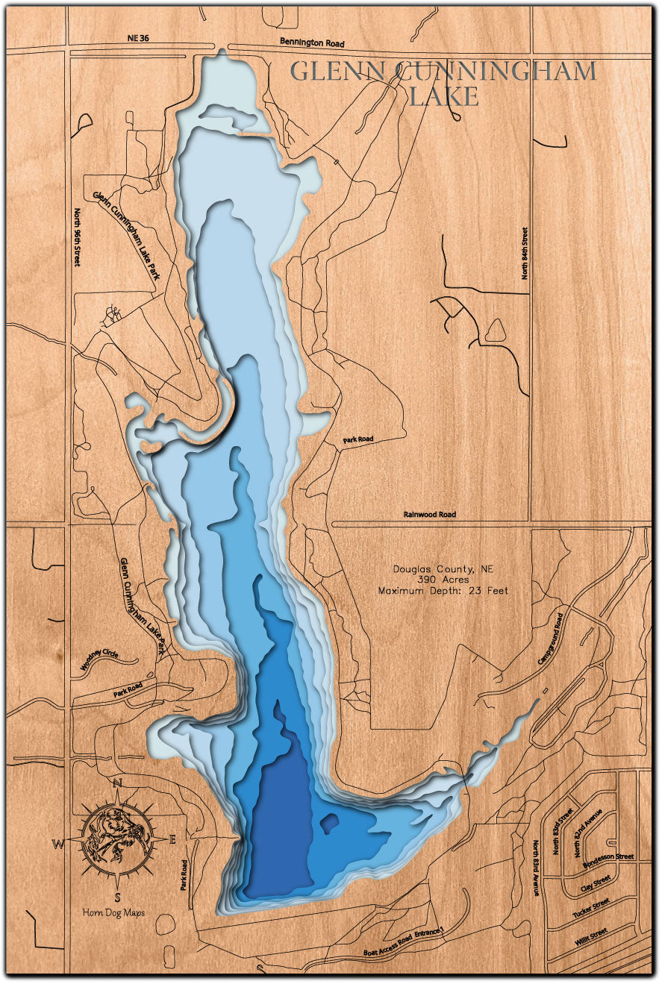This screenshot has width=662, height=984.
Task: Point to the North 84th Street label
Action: [525, 254]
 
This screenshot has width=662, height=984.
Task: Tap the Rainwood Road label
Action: [429, 514]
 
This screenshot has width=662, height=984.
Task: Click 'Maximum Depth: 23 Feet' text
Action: [443, 590]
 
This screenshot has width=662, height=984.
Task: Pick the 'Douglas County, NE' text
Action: [443, 568]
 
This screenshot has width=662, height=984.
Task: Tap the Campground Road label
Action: [549, 639]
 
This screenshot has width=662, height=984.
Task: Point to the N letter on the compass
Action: [117, 783]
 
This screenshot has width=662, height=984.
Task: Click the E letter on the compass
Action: [172, 840]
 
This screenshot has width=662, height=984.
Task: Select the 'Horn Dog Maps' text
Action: [114, 912]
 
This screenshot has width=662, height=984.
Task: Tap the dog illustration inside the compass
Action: [116, 839]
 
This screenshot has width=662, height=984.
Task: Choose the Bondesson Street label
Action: [608, 857]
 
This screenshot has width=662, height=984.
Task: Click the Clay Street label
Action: [594, 885]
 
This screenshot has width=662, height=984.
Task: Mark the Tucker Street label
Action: [591, 908]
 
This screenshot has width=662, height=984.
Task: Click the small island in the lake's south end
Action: [328, 823]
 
